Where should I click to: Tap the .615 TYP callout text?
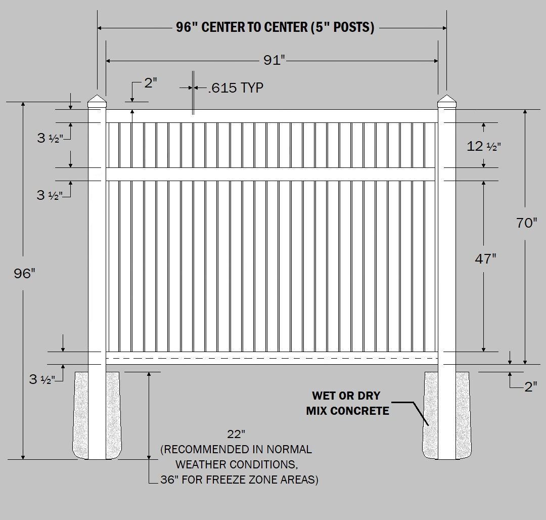point(236,88)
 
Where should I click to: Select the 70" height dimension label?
point(527,223)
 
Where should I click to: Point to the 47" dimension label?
point(485,259)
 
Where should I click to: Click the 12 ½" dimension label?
point(484,147)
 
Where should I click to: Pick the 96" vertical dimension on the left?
point(25,274)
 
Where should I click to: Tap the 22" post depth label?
point(236,434)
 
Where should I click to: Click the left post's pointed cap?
point(97,101)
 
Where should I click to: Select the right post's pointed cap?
point(446,101)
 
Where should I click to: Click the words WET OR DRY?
point(346,396)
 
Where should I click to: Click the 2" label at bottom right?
point(530,387)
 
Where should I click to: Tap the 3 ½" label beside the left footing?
point(42,379)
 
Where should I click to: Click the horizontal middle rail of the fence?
point(271,174)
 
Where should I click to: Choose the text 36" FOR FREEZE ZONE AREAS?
point(239,480)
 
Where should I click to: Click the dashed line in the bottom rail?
point(271,358)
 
